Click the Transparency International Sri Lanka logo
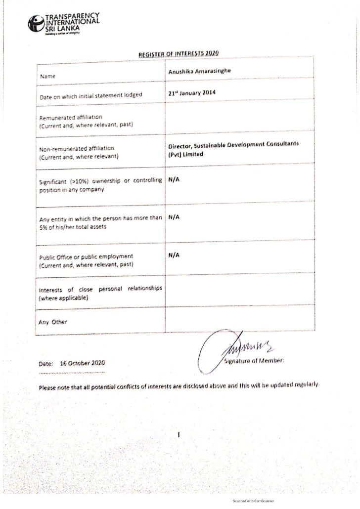click(x=64, y=24)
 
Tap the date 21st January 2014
click(x=193, y=92)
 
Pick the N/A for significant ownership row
click(x=174, y=180)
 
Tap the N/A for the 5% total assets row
click(x=174, y=216)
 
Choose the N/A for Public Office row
click(x=174, y=254)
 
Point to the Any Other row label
click(x=53, y=322)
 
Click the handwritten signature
click(x=232, y=348)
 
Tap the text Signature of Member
click(x=254, y=361)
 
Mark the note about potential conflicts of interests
click(x=180, y=385)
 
